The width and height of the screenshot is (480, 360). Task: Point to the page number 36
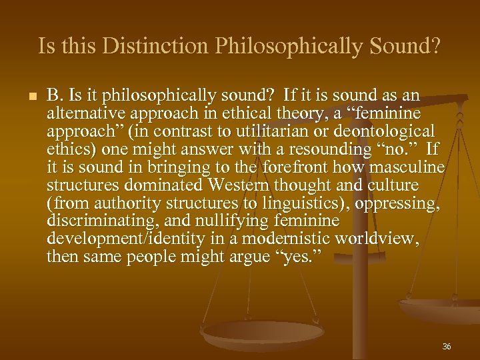[x=446, y=347]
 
